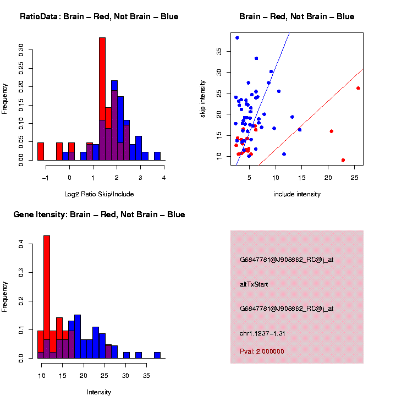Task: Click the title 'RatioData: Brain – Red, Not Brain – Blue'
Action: click(x=99, y=16)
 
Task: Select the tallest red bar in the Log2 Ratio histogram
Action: click(x=102, y=99)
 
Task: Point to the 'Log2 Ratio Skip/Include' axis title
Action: click(x=99, y=194)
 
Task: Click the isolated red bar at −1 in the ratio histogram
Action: click(x=40, y=151)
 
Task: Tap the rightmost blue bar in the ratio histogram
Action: click(x=157, y=156)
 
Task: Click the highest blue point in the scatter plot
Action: click(x=237, y=38)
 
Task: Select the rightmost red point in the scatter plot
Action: click(x=358, y=88)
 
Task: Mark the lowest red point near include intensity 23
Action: click(x=343, y=160)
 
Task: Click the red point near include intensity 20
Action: click(x=331, y=131)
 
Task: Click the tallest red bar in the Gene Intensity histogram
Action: click(x=47, y=297)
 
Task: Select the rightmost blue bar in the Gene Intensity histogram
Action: click(x=157, y=355)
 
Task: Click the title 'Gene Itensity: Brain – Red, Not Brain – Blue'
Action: click(x=99, y=215)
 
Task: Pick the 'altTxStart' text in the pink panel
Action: click(x=254, y=284)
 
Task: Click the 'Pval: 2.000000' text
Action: click(x=262, y=351)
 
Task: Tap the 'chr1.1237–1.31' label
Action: click(x=262, y=333)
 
